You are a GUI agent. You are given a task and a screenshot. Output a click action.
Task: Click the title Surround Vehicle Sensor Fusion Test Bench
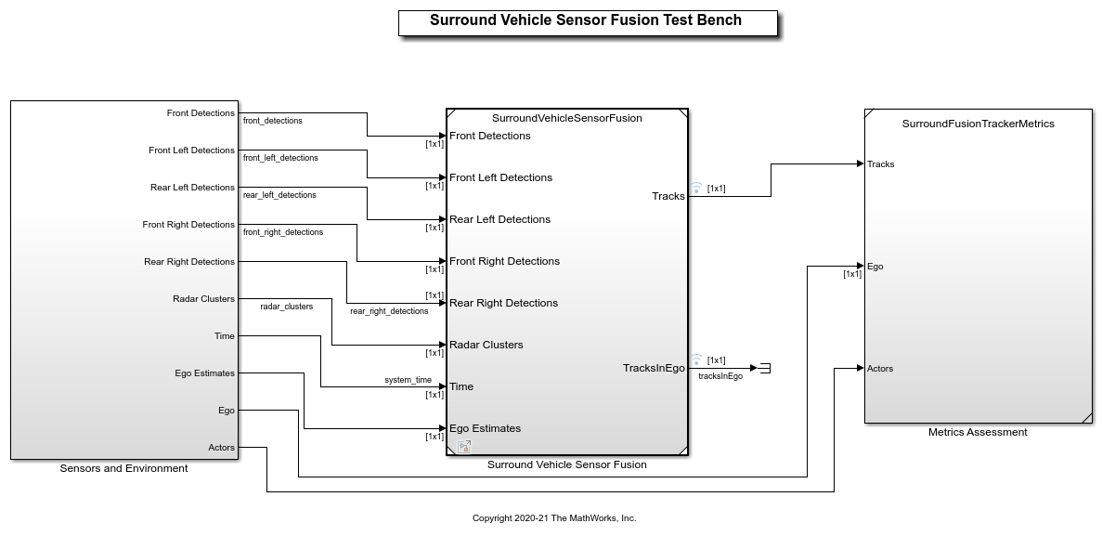(586, 20)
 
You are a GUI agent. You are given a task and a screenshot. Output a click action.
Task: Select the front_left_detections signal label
(280, 158)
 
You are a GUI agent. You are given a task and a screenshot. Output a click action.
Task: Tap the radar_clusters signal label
(286, 307)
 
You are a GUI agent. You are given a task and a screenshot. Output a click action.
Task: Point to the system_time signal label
(408, 380)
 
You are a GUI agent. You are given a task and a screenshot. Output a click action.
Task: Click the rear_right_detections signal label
(389, 311)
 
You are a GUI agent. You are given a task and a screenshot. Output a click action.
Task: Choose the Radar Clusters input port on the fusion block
(486, 345)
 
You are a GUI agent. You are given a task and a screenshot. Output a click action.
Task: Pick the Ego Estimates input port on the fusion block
(485, 428)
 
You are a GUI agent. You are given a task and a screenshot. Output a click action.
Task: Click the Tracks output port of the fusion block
(668, 196)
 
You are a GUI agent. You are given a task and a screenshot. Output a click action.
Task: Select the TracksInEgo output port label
(654, 368)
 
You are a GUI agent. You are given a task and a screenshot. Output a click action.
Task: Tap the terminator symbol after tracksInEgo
(764, 369)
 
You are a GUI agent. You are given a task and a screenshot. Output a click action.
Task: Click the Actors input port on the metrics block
(880, 369)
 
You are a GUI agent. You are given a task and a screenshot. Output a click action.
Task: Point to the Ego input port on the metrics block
(875, 267)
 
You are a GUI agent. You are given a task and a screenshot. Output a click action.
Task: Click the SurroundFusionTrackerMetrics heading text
(978, 124)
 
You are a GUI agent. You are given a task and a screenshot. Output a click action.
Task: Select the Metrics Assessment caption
(978, 432)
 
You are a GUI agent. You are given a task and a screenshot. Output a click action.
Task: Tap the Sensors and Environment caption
(123, 468)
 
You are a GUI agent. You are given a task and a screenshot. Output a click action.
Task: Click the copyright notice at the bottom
(554, 518)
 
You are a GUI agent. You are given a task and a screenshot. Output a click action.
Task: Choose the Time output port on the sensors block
(225, 336)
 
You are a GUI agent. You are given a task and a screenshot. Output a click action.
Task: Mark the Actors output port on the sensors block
(222, 448)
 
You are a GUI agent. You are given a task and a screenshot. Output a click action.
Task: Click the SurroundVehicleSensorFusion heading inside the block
(566, 118)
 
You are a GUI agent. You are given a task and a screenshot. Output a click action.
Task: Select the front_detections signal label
(273, 121)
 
